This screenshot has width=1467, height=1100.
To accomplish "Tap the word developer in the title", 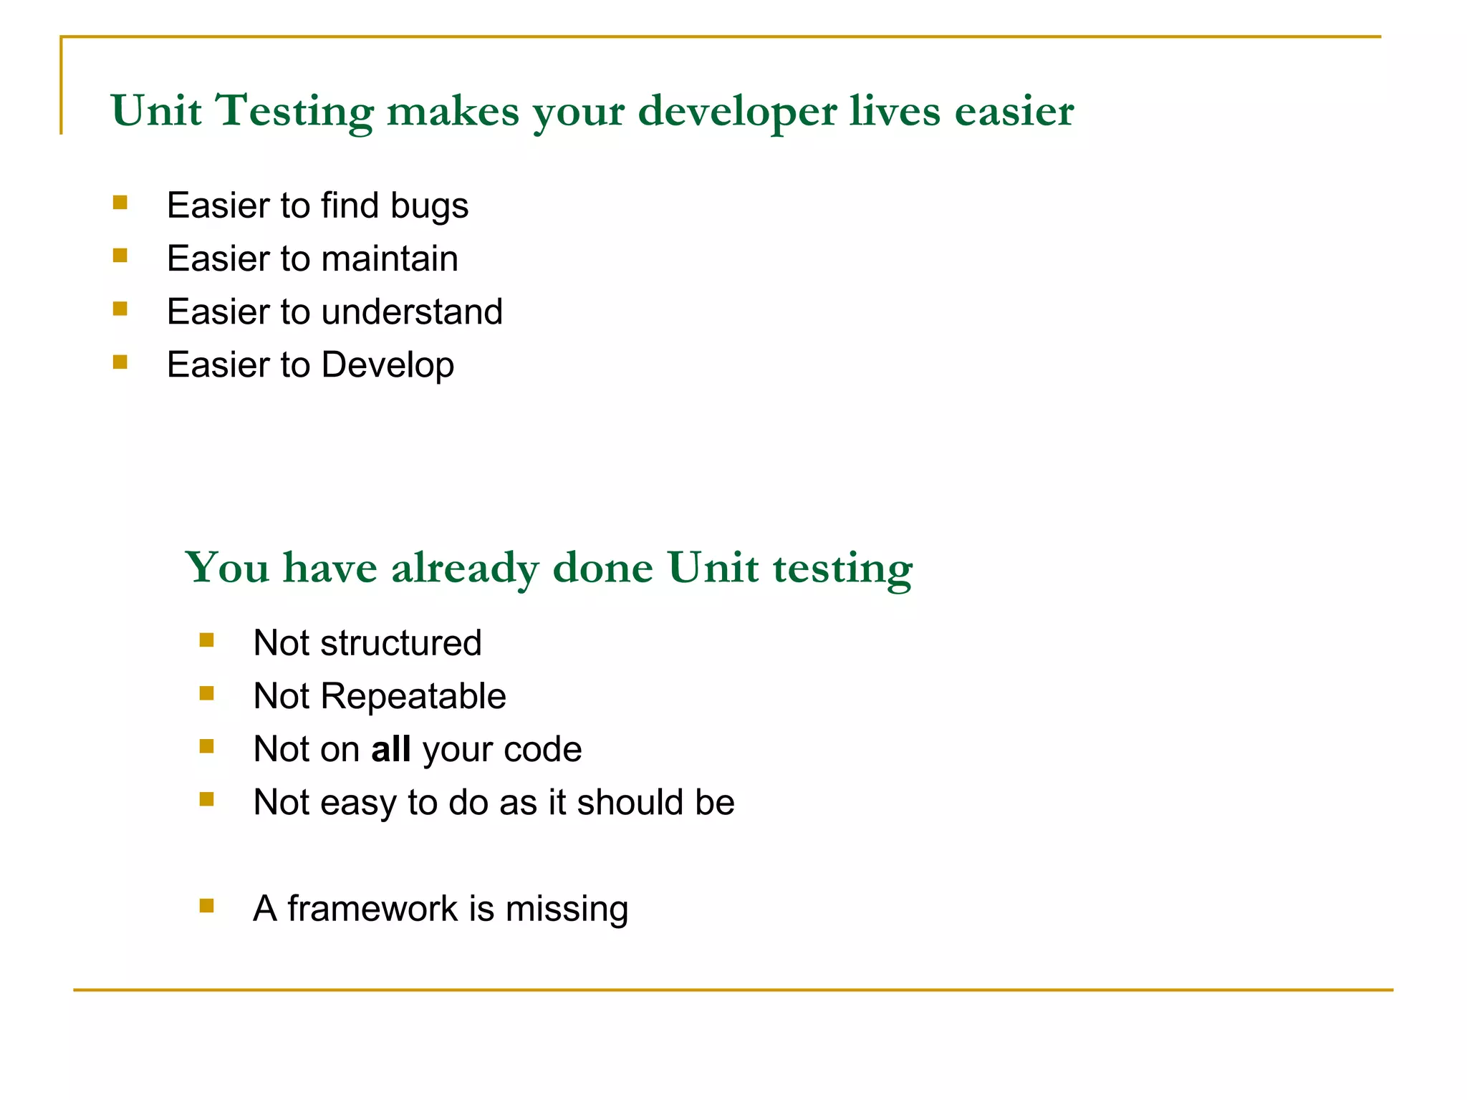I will [737, 112].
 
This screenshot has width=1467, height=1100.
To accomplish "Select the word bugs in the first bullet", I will [429, 206].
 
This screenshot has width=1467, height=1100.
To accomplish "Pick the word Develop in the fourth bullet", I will [388, 365].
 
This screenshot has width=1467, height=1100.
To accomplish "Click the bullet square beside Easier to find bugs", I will [120, 203].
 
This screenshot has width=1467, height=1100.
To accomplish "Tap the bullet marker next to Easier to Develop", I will [120, 362].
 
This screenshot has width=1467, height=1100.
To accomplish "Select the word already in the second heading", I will [465, 568].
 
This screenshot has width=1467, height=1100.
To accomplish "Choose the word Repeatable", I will [413, 696].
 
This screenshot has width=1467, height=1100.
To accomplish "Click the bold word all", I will [390, 749].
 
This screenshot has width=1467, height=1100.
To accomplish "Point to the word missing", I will [567, 909].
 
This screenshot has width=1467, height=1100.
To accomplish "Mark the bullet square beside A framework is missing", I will [207, 906].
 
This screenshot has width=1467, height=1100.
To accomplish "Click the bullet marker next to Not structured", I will [207, 640].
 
